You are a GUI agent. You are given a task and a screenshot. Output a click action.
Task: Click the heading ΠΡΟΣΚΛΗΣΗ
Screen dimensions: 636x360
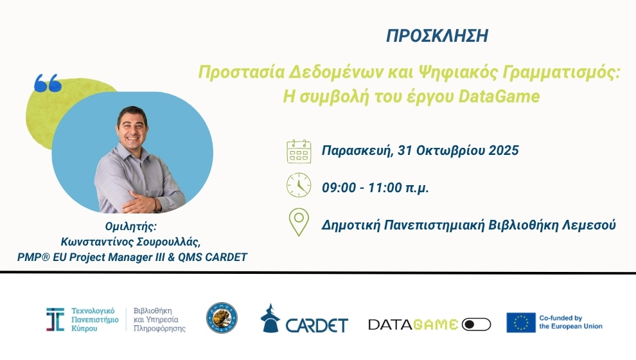coord(437,36)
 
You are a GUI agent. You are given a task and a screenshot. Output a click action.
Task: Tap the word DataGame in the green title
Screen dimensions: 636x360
coord(499,96)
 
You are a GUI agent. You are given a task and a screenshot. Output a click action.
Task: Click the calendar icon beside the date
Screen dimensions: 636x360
coord(299,151)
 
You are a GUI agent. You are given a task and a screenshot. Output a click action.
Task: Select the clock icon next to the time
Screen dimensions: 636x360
coord(299,185)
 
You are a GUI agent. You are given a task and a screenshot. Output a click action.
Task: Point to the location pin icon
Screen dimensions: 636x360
coord(299,222)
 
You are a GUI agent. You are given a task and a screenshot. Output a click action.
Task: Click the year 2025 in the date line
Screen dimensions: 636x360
coord(504,150)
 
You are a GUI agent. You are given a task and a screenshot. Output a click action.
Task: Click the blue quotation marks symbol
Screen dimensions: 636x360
coord(48,83)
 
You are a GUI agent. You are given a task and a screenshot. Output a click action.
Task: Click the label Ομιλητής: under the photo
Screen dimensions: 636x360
coord(130,226)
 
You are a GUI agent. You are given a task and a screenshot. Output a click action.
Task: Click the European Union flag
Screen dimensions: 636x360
coord(521,323)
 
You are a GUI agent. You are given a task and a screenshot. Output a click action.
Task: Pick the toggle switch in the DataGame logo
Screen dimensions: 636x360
coord(476,325)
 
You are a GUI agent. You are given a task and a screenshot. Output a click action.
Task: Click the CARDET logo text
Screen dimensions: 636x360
coord(317,325)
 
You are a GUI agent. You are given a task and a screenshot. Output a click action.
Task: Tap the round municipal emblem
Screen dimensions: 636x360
coord(222,318)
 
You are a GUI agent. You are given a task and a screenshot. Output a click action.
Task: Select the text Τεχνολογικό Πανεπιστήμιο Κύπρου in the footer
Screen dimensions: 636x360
coord(95,319)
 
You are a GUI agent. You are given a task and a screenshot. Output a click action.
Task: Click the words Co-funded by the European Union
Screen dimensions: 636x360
coord(570,322)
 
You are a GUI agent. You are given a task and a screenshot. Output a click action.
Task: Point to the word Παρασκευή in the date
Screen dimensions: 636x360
coord(357,151)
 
